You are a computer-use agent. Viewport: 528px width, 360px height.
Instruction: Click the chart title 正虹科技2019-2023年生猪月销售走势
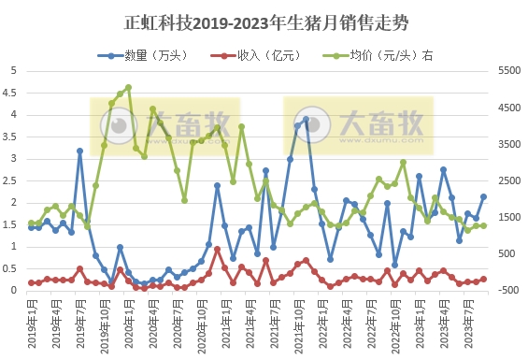[264, 19]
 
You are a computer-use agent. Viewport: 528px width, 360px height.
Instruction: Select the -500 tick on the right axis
[502, 291]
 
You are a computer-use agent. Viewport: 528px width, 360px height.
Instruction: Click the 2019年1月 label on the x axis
[31, 324]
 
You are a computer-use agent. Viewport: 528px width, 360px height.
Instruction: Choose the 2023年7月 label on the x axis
[468, 324]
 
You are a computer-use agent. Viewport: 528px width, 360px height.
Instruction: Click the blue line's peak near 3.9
[307, 120]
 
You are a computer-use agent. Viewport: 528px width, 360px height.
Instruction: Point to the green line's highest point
[128, 87]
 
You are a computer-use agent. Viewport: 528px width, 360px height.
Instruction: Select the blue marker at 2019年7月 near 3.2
[79, 151]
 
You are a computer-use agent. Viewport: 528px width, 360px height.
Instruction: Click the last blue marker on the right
[483, 196]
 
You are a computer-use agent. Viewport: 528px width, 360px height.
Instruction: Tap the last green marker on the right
[483, 225]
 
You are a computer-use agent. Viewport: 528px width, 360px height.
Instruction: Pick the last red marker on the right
[483, 279]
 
